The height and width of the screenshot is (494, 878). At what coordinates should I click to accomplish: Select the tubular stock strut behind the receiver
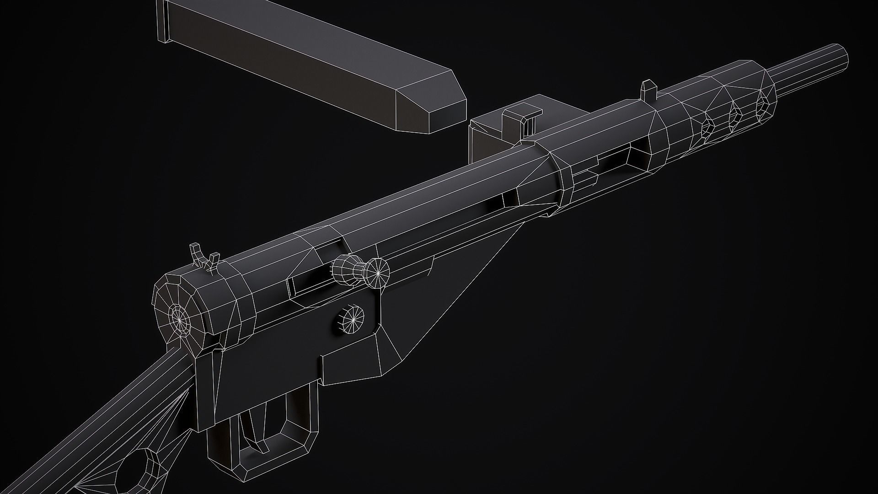click(114, 412)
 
